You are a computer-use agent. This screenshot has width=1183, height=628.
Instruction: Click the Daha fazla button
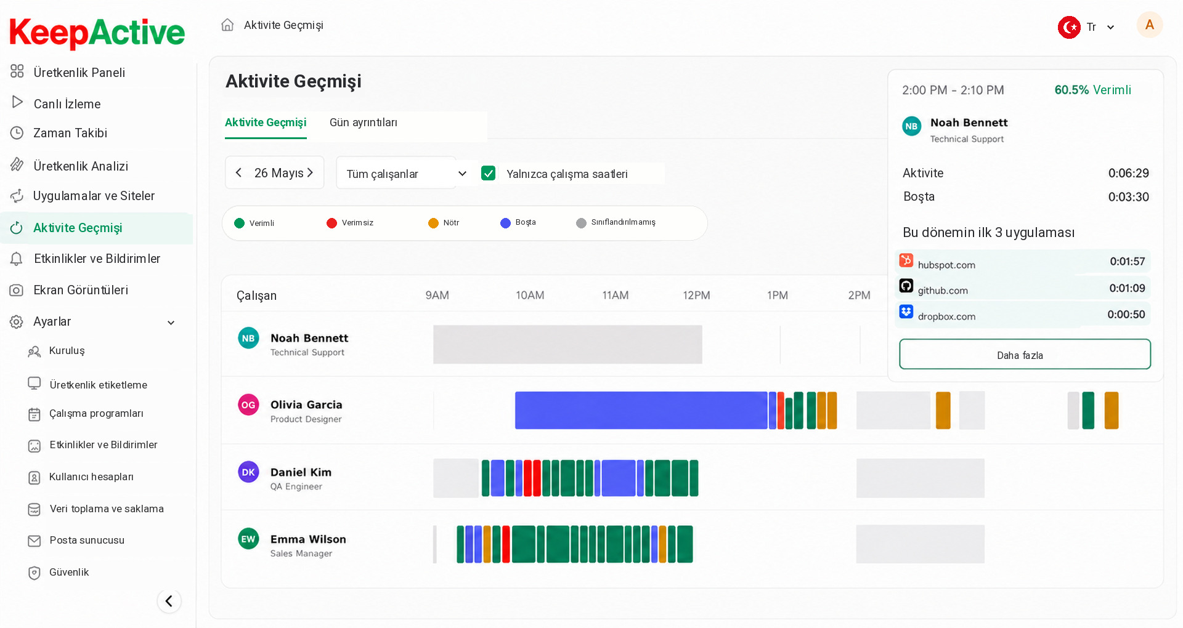point(1025,355)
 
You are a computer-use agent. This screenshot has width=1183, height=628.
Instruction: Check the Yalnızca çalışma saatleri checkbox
point(489,174)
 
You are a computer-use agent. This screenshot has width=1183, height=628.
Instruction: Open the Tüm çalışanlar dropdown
point(405,173)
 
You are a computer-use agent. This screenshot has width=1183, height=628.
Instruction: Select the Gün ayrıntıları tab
point(364,123)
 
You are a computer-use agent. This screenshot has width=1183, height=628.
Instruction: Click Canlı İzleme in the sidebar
point(67,103)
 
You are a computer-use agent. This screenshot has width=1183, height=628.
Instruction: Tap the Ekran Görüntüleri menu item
point(81,290)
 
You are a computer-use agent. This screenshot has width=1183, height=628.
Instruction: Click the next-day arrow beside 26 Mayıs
point(311,173)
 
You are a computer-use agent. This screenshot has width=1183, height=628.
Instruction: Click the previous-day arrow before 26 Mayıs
point(238,173)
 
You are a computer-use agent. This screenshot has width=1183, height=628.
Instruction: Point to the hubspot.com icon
point(906,260)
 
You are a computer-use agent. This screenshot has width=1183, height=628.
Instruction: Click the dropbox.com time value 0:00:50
point(1126,315)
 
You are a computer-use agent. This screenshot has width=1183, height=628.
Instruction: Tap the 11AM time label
point(616,296)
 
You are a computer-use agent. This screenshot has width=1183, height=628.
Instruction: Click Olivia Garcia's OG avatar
point(248,405)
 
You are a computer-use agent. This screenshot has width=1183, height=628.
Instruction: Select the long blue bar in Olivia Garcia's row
point(641,410)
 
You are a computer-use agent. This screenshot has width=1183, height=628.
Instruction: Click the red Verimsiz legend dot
point(332,223)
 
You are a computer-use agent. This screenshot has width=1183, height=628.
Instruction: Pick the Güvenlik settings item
point(69,573)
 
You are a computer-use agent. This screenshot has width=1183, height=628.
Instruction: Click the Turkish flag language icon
point(1069,27)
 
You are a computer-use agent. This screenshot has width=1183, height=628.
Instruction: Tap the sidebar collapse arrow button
point(169,601)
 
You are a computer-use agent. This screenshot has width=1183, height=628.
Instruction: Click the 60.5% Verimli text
point(1092,90)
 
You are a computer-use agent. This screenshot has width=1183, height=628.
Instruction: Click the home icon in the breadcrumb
point(227,25)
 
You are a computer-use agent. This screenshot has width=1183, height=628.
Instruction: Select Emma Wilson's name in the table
point(308,539)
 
